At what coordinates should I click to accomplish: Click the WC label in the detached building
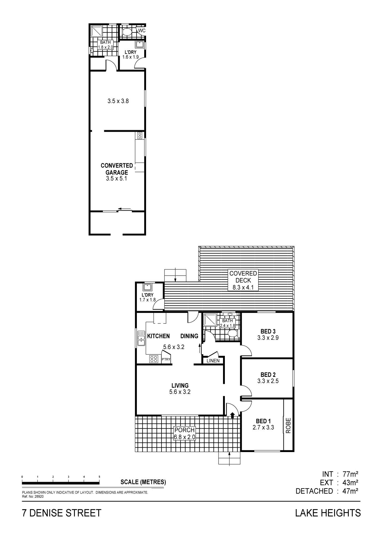tap(142, 31)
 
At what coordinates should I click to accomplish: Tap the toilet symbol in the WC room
tap(127, 32)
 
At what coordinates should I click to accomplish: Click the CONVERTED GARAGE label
tap(117, 169)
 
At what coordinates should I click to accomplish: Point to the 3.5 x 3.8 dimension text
tap(118, 101)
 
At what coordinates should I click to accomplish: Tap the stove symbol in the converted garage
tap(140, 135)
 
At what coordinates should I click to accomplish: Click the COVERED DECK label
tap(243, 277)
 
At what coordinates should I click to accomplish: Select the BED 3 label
tap(268, 331)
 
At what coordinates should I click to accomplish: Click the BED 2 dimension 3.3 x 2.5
tap(268, 381)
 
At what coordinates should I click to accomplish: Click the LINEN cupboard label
tap(213, 361)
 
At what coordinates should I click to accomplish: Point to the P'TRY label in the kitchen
tap(166, 359)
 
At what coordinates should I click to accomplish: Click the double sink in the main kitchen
tap(141, 338)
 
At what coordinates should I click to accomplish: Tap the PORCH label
tap(185, 430)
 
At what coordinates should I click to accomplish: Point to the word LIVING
tap(180, 386)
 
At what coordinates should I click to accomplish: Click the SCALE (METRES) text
tap(143, 482)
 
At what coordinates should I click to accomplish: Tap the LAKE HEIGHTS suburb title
tap(328, 513)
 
